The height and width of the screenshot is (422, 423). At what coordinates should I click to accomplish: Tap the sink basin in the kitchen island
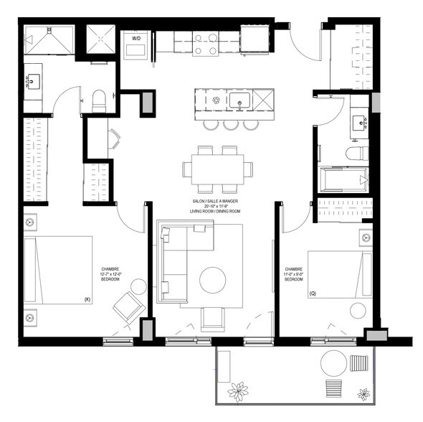[x=240, y=100]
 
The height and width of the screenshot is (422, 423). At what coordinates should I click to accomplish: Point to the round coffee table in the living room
[x=213, y=280]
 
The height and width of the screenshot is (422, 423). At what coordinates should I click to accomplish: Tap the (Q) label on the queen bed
[x=313, y=294]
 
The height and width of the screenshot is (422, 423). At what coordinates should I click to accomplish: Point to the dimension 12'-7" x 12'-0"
[x=111, y=273]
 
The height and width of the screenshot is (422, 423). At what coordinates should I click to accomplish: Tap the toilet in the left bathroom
[x=99, y=100]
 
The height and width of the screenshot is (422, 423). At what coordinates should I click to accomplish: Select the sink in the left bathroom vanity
[x=34, y=82]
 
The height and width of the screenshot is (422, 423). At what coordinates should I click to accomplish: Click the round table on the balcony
[x=333, y=362]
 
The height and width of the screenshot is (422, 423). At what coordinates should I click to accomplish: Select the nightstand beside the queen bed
[x=365, y=236]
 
